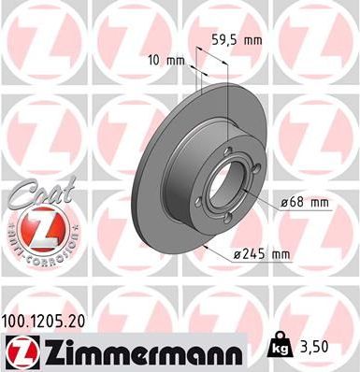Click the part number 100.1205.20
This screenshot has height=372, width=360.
point(53,319)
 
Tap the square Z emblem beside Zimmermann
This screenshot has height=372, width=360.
point(19,352)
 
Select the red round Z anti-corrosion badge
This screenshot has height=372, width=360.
point(35,228)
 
